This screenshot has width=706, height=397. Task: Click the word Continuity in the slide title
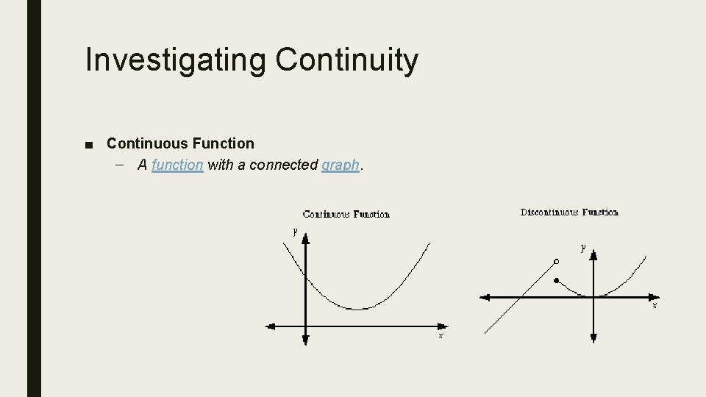pyautogui.click(x=347, y=60)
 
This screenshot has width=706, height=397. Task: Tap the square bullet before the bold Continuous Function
pyautogui.click(x=89, y=144)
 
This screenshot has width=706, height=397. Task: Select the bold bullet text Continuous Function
pyautogui.click(x=180, y=143)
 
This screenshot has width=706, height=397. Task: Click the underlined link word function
pyautogui.click(x=176, y=165)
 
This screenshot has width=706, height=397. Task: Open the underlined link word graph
pyautogui.click(x=340, y=165)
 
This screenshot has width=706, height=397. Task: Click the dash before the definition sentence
pyautogui.click(x=120, y=165)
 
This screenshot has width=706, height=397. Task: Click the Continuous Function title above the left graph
pyautogui.click(x=346, y=214)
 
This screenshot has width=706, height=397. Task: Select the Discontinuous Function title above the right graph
pyautogui.click(x=569, y=212)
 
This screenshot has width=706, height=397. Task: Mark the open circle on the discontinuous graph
pyautogui.click(x=556, y=261)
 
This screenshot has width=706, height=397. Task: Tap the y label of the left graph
pyautogui.click(x=295, y=231)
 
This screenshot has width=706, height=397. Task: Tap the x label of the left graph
pyautogui.click(x=441, y=335)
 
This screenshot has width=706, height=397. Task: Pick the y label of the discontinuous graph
pyautogui.click(x=583, y=248)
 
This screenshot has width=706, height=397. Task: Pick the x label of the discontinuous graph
pyautogui.click(x=655, y=304)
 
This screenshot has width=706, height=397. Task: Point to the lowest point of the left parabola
pyautogui.click(x=358, y=309)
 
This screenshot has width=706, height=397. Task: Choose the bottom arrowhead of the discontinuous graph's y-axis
pyautogui.click(x=593, y=338)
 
